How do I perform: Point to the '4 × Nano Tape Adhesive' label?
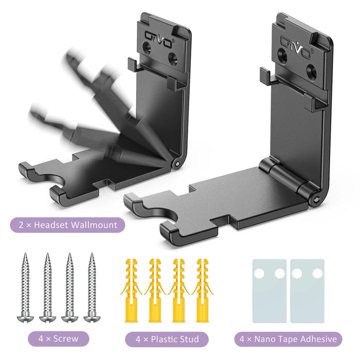pyautogui.click(x=289, y=338)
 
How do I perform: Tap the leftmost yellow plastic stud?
pyautogui.click(x=131, y=288)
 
